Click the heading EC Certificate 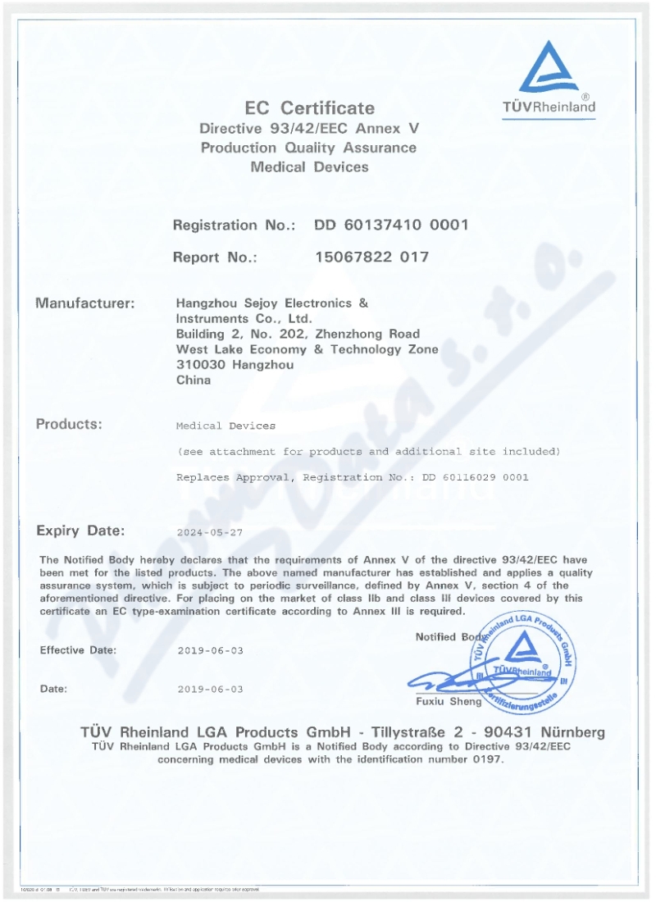pyautogui.click(x=309, y=108)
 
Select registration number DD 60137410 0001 pyautogui.click(x=391, y=225)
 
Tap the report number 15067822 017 pyautogui.click(x=371, y=257)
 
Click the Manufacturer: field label pyautogui.click(x=84, y=303)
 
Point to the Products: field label pyautogui.click(x=69, y=424)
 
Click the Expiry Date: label pyautogui.click(x=80, y=530)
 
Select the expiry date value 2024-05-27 pyautogui.click(x=210, y=532)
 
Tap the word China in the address pyautogui.click(x=194, y=380)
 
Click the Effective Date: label pyautogui.click(x=78, y=650)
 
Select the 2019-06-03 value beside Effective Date pyautogui.click(x=210, y=651)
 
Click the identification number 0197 pyautogui.click(x=486, y=759)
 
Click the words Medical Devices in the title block pyautogui.click(x=309, y=167)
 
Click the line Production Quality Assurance pyautogui.click(x=308, y=148)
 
